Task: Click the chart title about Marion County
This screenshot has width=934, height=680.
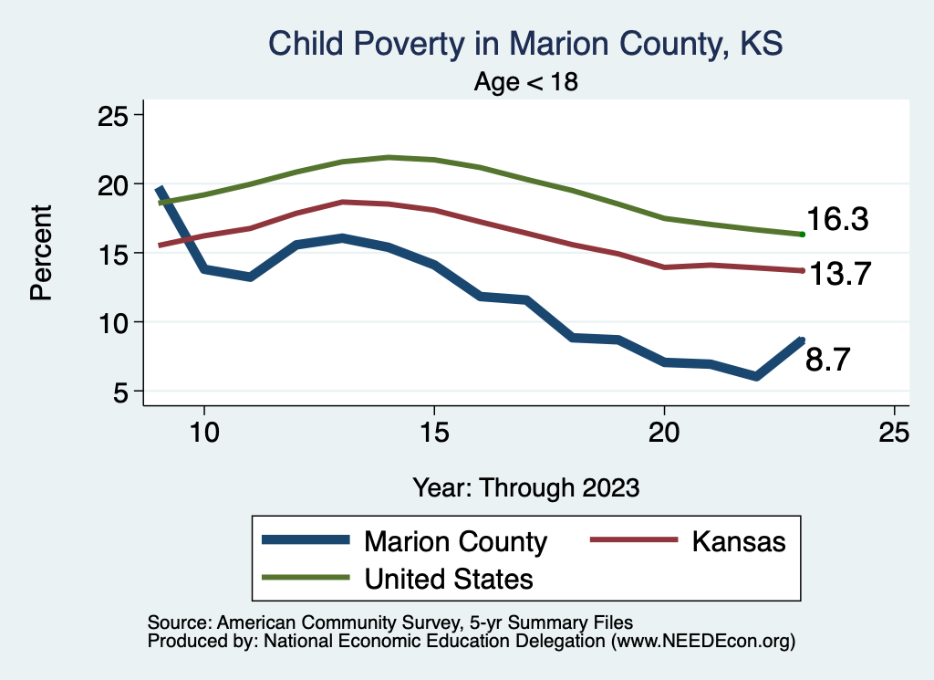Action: [x=525, y=43]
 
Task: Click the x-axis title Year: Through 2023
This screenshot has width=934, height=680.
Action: [x=525, y=486]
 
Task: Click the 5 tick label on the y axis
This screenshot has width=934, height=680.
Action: [x=122, y=392]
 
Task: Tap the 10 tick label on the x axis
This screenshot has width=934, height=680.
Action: [x=203, y=432]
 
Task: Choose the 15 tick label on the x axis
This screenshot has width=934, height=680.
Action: [x=433, y=432]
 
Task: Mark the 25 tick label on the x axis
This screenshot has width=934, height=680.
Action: [x=894, y=432]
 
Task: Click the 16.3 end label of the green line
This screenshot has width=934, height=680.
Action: [x=836, y=220]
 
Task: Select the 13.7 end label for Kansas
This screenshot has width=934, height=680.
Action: [x=836, y=273]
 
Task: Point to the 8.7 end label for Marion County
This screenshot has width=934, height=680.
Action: [x=828, y=361]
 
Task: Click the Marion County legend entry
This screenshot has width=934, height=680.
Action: [x=455, y=541]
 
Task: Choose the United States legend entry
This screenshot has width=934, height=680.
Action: [x=449, y=578]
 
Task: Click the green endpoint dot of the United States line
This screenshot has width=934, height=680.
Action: [x=802, y=235]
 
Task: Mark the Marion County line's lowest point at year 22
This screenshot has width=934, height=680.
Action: [x=755, y=376]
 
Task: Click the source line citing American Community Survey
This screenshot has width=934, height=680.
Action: [x=389, y=622]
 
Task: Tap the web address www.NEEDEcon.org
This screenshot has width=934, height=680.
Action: [x=702, y=641]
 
